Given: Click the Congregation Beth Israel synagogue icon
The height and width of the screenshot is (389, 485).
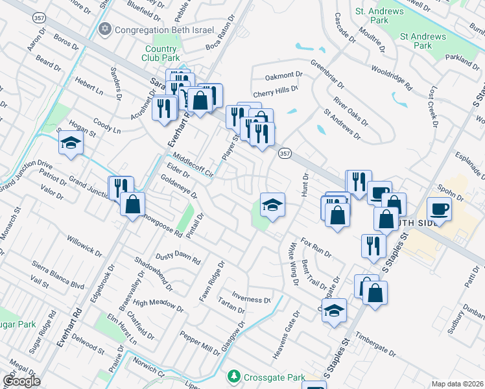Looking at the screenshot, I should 105,29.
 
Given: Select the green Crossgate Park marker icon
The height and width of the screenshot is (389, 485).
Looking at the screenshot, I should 233,376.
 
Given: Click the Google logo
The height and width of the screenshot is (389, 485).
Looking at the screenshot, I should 21,381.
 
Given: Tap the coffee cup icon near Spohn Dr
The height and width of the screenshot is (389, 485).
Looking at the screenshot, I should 440,209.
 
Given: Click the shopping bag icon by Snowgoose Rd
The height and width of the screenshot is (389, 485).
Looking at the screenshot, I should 133,204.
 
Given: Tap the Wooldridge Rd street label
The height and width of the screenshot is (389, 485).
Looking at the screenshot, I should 392,76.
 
